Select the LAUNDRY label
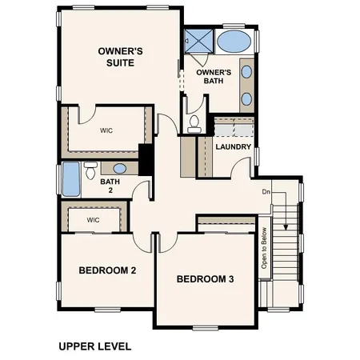coord(234,147)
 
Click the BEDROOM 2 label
coord(107,270)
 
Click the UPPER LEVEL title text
coord(94,346)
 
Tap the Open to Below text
coord(263,249)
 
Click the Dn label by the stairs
coord(266,192)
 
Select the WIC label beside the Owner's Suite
coord(106,130)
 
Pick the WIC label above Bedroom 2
coord(93,219)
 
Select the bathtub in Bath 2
coord(71,180)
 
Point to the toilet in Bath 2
coord(90,170)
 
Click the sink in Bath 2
coord(119,168)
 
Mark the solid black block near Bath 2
coord(146,157)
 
